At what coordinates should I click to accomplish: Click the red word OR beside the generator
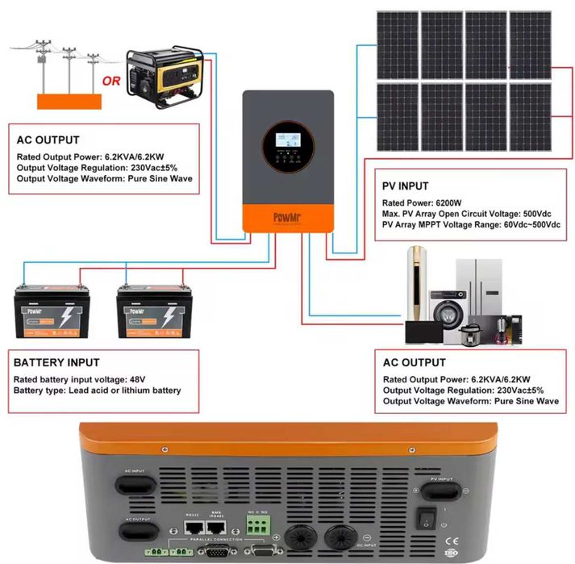coord(110,81)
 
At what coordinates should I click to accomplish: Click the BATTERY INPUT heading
coord(56,363)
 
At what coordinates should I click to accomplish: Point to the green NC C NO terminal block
coord(257,525)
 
